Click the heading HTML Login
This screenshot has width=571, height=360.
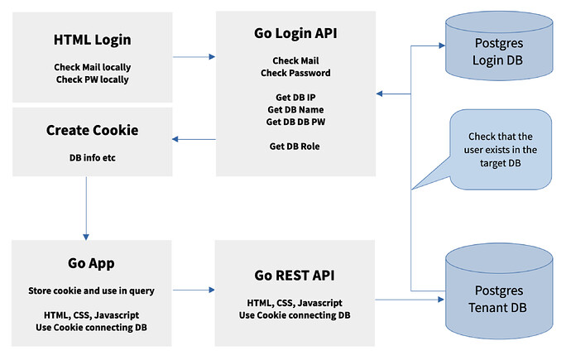pyautogui.click(x=92, y=40)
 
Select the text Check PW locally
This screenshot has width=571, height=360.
pyautogui.click(x=92, y=79)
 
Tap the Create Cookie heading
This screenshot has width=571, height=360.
pyautogui.click(x=92, y=130)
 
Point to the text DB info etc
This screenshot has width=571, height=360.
pyautogui.click(x=92, y=157)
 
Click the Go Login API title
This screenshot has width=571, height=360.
pyautogui.click(x=295, y=33)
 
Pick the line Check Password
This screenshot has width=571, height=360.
pyautogui.click(x=295, y=73)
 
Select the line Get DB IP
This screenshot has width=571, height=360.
pyautogui.click(x=295, y=97)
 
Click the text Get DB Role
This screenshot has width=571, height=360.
pyautogui.click(x=295, y=146)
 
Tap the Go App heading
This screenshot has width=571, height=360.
pyautogui.click(x=91, y=263)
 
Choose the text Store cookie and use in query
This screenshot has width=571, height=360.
pyautogui.click(x=91, y=290)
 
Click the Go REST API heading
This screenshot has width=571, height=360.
pyautogui.click(x=295, y=276)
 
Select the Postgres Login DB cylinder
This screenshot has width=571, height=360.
pyautogui.click(x=499, y=46)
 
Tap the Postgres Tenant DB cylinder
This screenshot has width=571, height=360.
pyautogui.click(x=499, y=291)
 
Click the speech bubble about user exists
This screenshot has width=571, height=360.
pyautogui.click(x=501, y=150)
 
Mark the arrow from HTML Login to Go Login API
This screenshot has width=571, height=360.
pyautogui.click(x=194, y=57)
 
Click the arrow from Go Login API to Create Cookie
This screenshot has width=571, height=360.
pyautogui.click(x=194, y=139)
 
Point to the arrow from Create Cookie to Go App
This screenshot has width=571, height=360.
pyautogui.click(x=86, y=209)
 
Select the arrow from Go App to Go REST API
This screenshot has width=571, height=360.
pyautogui.click(x=194, y=290)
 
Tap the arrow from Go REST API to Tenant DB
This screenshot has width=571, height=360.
pyautogui.click(x=410, y=300)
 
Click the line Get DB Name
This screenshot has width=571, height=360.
pyautogui.click(x=295, y=109)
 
